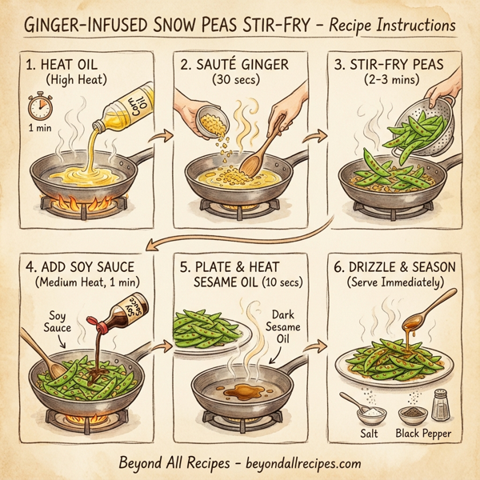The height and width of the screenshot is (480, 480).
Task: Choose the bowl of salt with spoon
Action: click(x=368, y=410)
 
